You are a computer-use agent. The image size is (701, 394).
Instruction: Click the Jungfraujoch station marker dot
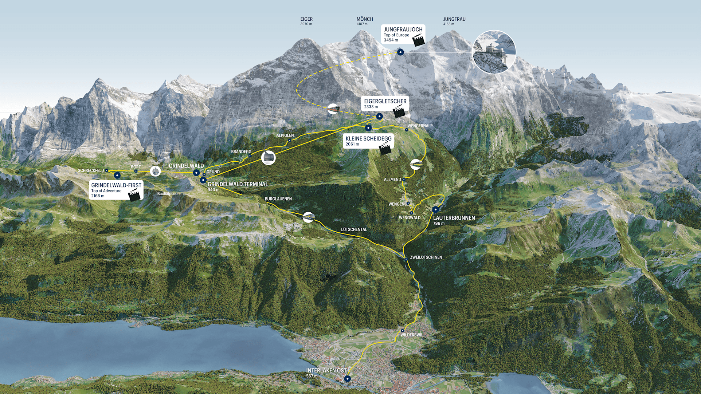click(x=400, y=52)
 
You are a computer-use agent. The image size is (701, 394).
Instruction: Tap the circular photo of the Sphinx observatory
click(x=494, y=52)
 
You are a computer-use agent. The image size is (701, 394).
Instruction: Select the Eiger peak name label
click(x=306, y=19)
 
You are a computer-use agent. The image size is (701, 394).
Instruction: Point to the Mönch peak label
click(x=365, y=19)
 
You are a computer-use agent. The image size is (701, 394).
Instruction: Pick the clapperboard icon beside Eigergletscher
click(x=399, y=111)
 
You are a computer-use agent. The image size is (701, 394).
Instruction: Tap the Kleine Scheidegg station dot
click(x=368, y=128)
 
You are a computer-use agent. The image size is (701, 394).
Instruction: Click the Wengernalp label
click(x=420, y=126)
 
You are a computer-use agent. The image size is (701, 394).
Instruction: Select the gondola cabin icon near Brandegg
click(x=269, y=158)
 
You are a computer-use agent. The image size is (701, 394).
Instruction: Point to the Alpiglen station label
click(x=285, y=135)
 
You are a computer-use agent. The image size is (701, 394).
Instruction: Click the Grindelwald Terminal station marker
click(x=203, y=180)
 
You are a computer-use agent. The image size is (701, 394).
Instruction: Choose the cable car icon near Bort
click(x=156, y=171)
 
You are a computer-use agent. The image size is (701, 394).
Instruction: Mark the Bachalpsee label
click(x=167, y=194)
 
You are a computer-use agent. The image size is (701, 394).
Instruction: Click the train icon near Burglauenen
click(x=309, y=217)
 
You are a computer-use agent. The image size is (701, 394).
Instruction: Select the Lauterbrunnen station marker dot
click(x=435, y=209)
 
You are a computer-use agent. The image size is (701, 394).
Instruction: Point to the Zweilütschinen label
click(x=426, y=257)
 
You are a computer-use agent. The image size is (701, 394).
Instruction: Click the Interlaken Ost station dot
click(x=348, y=379)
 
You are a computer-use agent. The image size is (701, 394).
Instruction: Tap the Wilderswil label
click(x=412, y=335)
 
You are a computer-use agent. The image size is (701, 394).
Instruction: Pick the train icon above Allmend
click(x=416, y=164)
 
